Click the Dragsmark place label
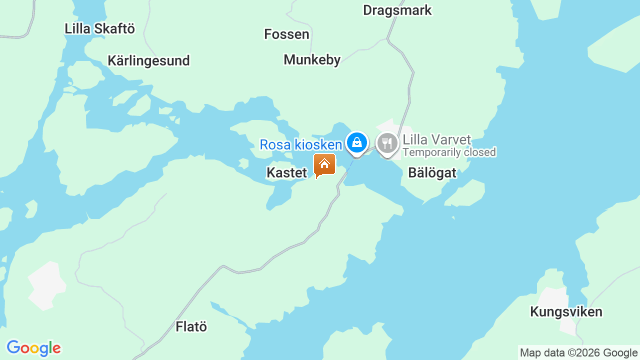(397, 10)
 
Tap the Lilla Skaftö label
(99, 28)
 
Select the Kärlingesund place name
(148, 61)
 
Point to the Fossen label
(286, 34)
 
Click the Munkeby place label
(312, 60)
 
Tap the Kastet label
(286, 173)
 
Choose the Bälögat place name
(432, 173)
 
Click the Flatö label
(191, 327)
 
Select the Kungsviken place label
(566, 312)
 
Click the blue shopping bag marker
(356, 143)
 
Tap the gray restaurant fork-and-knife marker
(387, 144)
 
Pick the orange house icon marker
(324, 164)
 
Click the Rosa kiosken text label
(300, 145)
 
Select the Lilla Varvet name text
(436, 139)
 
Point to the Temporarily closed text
(449, 152)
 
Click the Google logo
(33, 348)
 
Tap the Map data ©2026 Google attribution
(578, 353)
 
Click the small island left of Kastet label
(243, 163)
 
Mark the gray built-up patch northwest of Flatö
(46, 285)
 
